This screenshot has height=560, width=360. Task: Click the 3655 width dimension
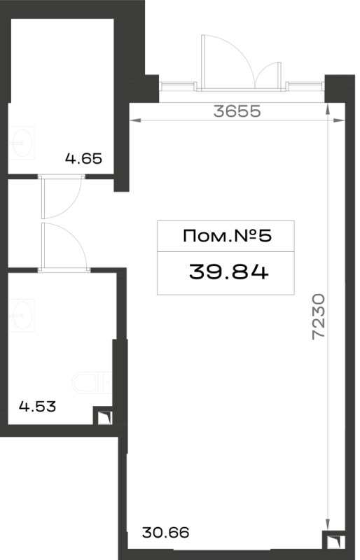point(237,111)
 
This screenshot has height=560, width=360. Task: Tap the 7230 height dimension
point(318,316)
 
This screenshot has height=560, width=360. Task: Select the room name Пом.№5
point(228,236)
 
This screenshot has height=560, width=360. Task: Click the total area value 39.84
point(229,272)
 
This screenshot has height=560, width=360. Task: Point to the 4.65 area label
point(83,158)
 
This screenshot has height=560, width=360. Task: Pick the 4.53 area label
point(38,407)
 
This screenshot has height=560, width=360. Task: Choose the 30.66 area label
point(165,533)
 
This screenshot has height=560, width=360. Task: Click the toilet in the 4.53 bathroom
point(92,383)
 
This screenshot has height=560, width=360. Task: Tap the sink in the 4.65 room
point(21,143)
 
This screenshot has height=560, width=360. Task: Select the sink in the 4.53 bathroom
point(21,316)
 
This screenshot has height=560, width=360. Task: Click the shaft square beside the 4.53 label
point(104,416)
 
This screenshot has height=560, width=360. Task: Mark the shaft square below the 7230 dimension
point(334,540)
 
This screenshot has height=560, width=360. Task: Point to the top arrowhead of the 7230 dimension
point(328,109)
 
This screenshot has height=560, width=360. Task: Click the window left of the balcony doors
point(178,85)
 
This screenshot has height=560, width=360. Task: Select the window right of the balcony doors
point(305,85)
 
